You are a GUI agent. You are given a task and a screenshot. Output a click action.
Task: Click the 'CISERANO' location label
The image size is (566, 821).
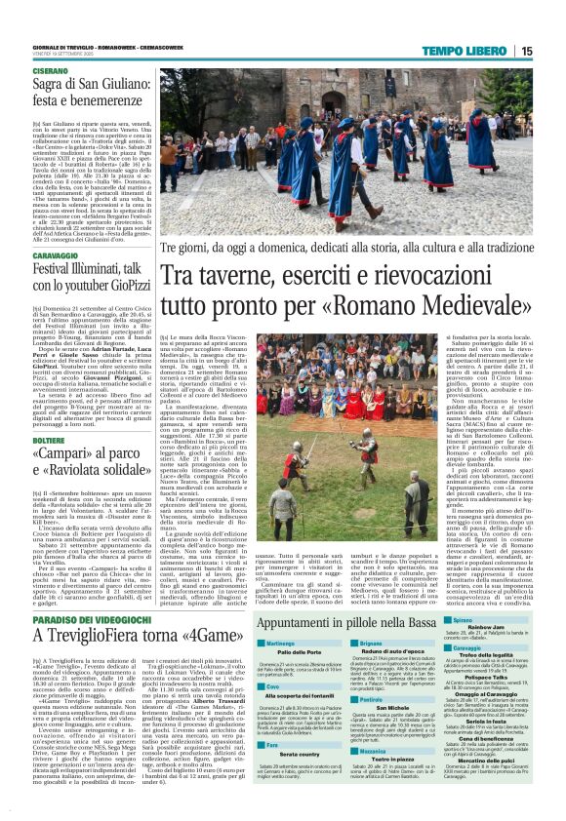(x=51, y=72)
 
